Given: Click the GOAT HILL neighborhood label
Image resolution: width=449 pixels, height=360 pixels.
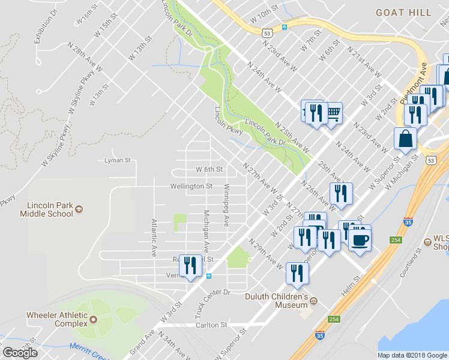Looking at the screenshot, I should (403, 12).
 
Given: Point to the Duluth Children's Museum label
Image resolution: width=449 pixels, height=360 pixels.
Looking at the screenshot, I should (276, 300).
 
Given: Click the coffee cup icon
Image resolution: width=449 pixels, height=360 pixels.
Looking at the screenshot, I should (360, 240).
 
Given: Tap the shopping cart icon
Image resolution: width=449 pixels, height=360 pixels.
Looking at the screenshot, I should (333, 111).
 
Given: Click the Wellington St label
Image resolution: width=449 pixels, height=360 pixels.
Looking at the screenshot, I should (191, 186).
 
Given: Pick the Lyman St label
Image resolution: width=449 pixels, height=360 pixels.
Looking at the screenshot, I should (117, 160).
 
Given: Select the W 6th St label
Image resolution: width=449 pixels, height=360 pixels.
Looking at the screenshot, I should (209, 170).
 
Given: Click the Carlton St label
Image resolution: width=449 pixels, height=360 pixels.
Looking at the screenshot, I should (211, 325).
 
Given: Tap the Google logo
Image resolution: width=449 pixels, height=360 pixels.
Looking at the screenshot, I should (20, 352).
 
